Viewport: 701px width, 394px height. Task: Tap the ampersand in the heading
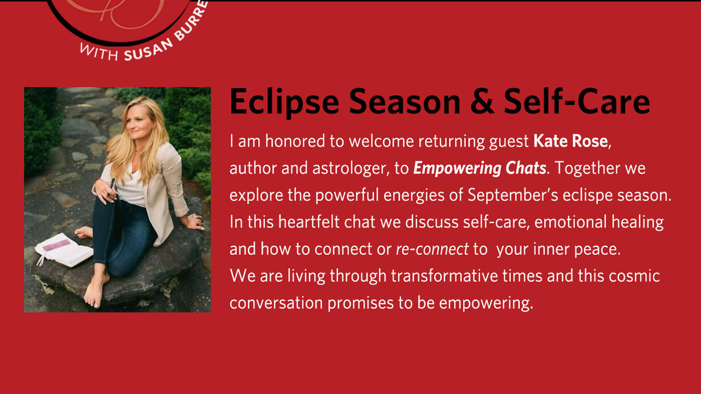482,101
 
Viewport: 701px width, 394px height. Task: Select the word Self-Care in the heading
577,101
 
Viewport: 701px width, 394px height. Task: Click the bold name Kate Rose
570,141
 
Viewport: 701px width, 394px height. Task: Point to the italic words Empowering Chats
480,169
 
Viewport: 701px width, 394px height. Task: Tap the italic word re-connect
432,249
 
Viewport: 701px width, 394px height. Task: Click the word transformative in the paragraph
445,276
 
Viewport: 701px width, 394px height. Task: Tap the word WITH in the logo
99,52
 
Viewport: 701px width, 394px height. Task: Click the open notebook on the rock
64,250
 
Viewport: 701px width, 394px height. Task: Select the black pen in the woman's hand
111,187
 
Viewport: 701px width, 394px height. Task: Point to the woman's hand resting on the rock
195,221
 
